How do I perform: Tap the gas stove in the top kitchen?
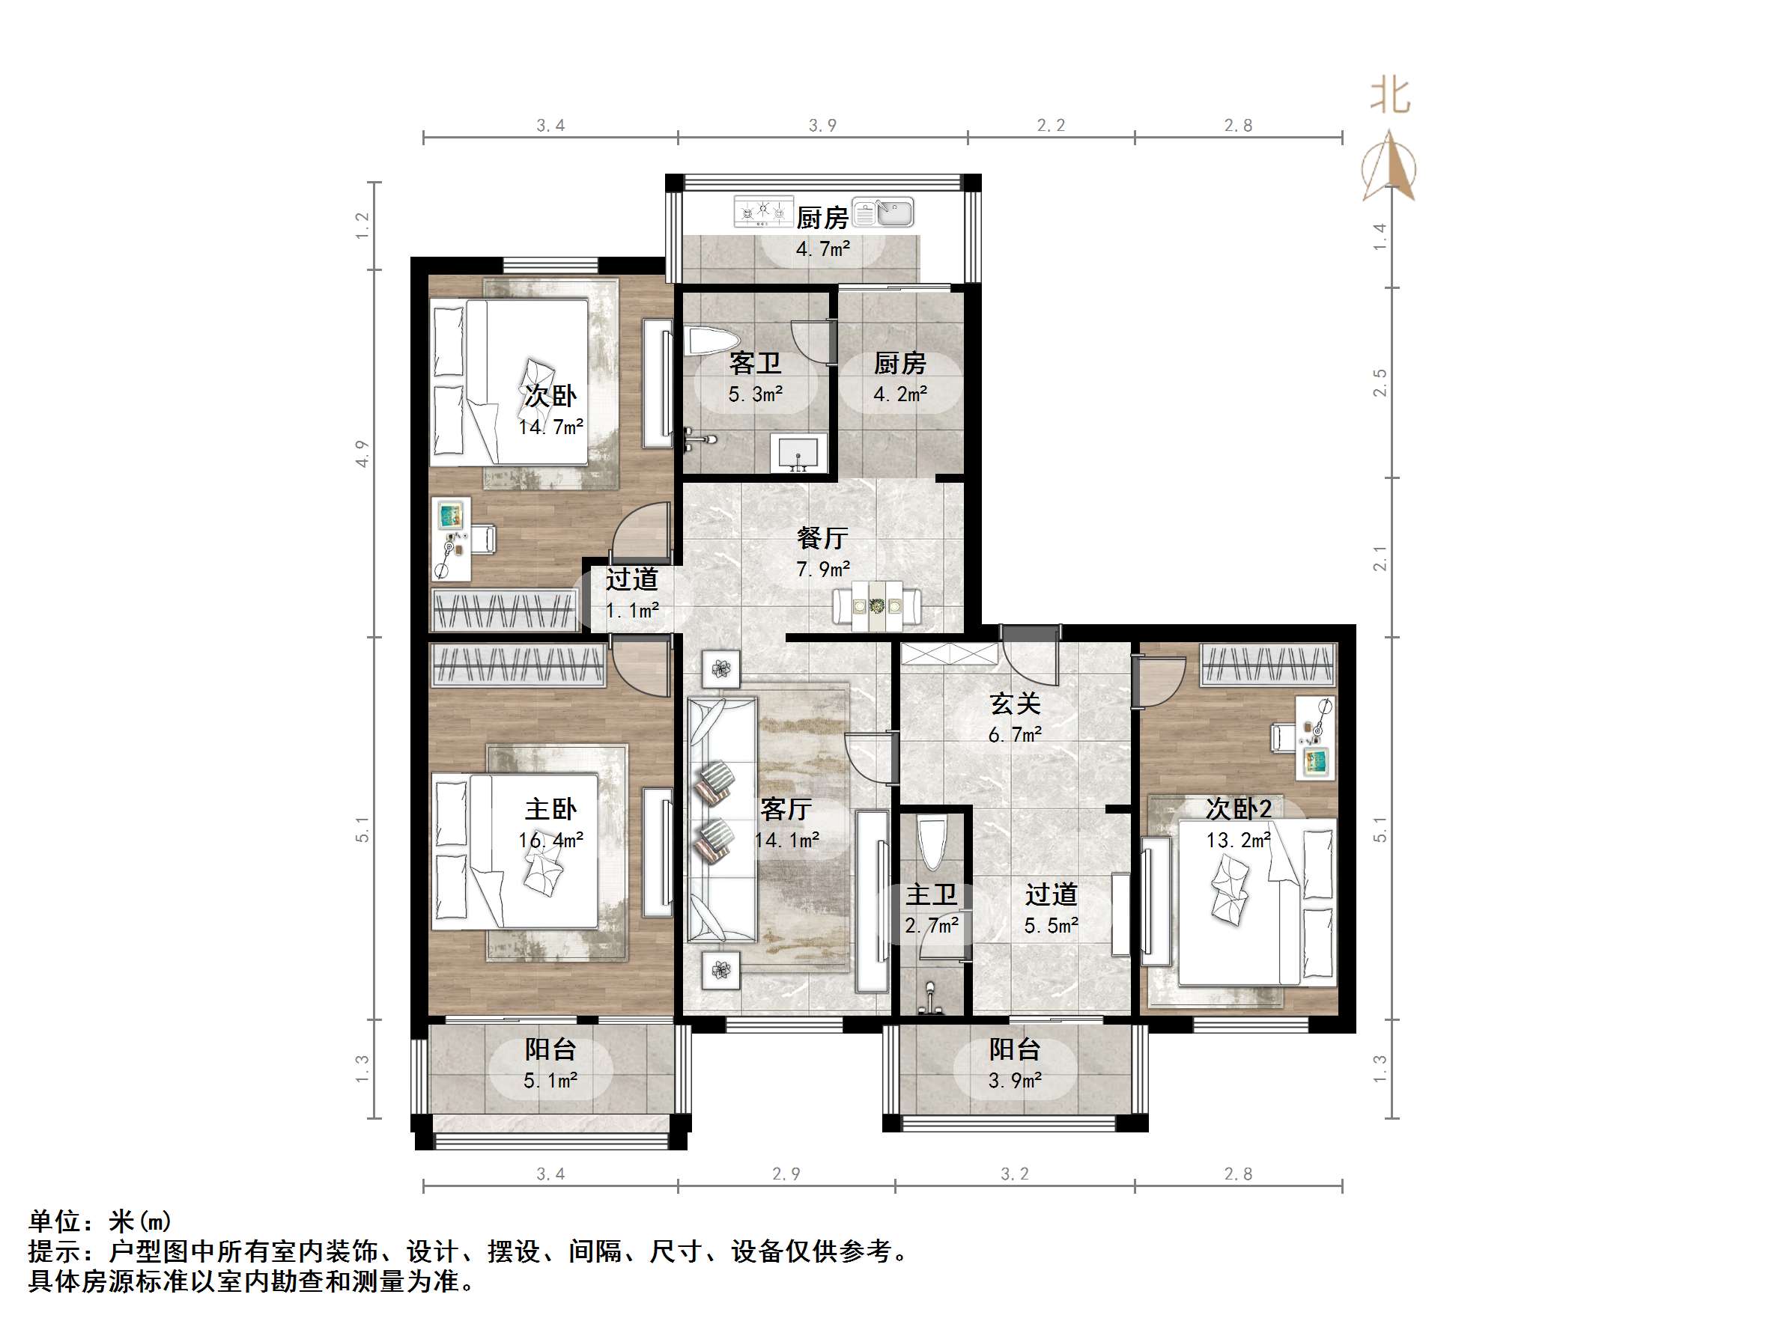pos(763,212)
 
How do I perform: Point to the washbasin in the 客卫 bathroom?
pos(798,454)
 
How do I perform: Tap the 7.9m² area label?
pos(823,569)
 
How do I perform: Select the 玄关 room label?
pos(1015,703)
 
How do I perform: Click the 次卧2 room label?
pos(1238,808)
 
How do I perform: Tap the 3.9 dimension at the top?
pos(822,125)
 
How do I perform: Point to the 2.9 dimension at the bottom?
pos(786,1174)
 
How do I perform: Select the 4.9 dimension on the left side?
pos(362,454)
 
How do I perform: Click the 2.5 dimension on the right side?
pos(1380,382)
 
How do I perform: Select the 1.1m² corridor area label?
pos(632,611)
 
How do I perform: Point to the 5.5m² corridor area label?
pos(1052,926)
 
